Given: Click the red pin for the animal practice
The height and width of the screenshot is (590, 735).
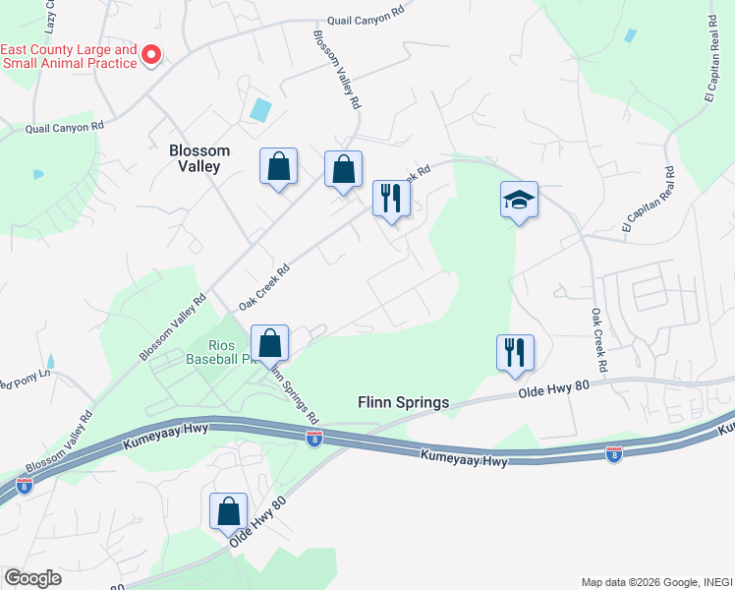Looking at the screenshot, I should (x=151, y=55).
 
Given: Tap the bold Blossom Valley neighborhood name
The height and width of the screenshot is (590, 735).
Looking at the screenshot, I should (x=199, y=158).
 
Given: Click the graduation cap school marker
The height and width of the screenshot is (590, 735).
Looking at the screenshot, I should (x=519, y=201).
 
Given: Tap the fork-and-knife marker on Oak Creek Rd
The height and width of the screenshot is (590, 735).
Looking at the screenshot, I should (x=391, y=200).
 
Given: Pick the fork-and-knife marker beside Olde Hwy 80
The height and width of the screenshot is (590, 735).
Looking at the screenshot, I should (x=515, y=354).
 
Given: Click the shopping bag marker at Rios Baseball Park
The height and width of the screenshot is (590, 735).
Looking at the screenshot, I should (x=269, y=345).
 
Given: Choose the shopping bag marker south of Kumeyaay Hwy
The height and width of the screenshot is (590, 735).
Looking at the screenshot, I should (x=228, y=512).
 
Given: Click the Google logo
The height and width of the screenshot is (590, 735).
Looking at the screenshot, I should (x=32, y=578).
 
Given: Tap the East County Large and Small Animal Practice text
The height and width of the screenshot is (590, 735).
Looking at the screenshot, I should (x=69, y=56).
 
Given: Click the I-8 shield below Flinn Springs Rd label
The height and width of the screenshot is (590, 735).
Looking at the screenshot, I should (x=313, y=440).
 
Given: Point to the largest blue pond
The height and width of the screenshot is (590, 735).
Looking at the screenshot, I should (x=260, y=109).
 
